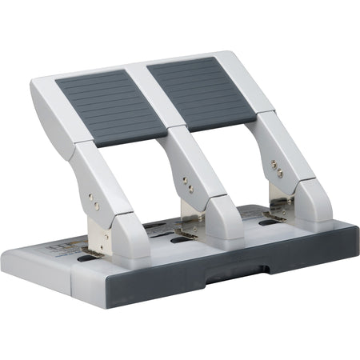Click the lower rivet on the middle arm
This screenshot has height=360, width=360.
pyautogui.click(x=190, y=191)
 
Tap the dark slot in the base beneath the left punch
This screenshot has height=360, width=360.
pyautogui.click(x=89, y=260)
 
